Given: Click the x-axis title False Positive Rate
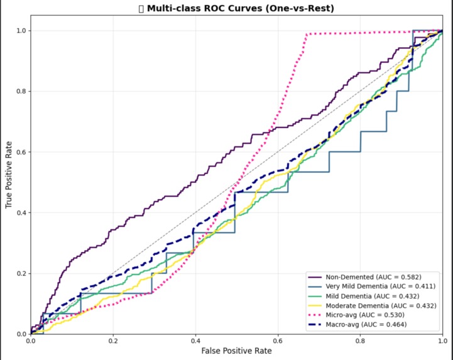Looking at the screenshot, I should pos(237,351).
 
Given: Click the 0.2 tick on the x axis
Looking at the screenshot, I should pos(113,340).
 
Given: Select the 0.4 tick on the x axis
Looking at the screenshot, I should pos(195,340).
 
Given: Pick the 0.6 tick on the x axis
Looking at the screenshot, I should pos(278,340).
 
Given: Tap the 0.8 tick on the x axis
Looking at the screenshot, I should pos(360,340).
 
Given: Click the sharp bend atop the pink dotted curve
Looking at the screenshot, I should pos(306,35).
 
